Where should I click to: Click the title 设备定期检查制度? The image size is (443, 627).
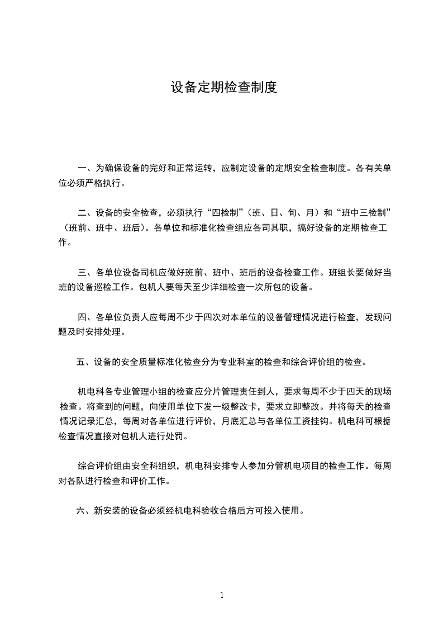pos(223,88)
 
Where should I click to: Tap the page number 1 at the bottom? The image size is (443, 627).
pos(222,595)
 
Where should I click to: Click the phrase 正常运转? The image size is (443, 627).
pos(194,168)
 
